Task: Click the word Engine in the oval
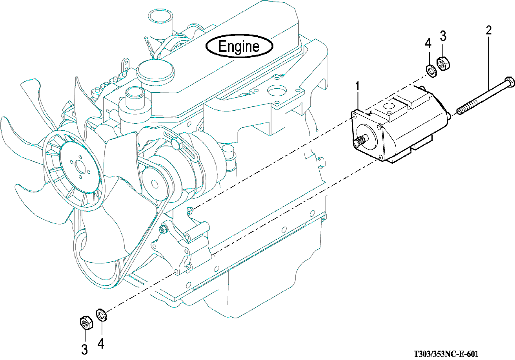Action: click(239, 46)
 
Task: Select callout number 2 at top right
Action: click(489, 30)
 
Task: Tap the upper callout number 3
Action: click(443, 36)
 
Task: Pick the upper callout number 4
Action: click(428, 43)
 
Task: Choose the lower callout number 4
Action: click(101, 344)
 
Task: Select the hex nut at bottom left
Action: click(86, 322)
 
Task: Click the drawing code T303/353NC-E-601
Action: click(446, 354)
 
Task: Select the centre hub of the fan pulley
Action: click(81, 165)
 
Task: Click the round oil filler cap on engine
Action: click(150, 69)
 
